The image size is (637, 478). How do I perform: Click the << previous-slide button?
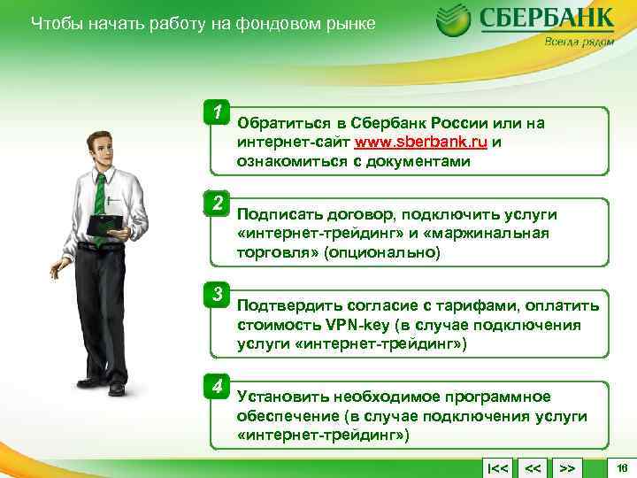533,466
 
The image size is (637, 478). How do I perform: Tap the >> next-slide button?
567,466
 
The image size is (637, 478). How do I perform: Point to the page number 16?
621,466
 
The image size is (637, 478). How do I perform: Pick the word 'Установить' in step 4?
276,397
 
